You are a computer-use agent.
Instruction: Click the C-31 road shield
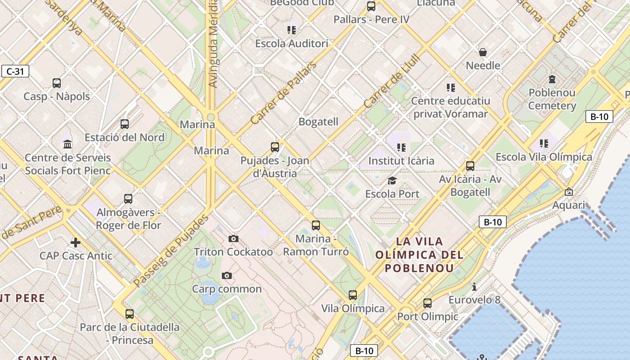[x=15, y=71]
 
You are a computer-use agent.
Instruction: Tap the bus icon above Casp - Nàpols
[x=57, y=83]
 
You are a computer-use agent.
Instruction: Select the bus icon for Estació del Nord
[x=125, y=124]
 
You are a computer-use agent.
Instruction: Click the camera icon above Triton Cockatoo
[x=234, y=238]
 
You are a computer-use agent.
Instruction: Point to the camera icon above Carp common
[x=227, y=275]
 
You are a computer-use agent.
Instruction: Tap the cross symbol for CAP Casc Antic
[x=75, y=243]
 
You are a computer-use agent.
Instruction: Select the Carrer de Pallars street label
[x=283, y=93]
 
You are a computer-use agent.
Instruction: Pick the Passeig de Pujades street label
[x=171, y=251]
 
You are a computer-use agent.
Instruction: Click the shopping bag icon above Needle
[x=483, y=53]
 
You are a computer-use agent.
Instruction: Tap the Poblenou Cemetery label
[x=552, y=99]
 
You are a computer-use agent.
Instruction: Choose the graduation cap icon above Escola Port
[x=392, y=181]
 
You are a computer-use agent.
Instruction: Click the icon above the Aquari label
[x=569, y=192]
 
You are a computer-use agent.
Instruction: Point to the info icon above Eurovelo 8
[x=474, y=287]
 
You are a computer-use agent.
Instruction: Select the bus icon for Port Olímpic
[x=427, y=303]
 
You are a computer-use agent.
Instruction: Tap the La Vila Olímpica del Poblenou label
[x=419, y=255]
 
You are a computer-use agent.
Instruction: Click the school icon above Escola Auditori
[x=292, y=30]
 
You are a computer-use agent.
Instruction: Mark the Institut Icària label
[x=401, y=161]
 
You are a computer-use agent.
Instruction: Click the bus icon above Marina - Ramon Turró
[x=316, y=225]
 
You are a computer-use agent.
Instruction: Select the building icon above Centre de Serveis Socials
[x=67, y=144]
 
